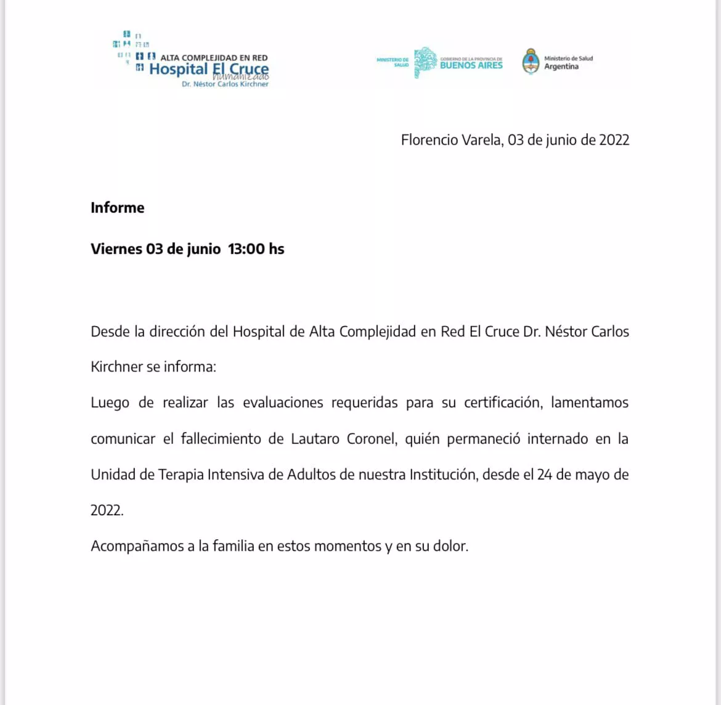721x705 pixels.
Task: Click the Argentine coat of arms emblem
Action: click(x=531, y=61)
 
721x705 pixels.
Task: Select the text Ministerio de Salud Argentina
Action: click(x=568, y=62)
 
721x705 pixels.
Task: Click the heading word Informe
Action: click(x=118, y=208)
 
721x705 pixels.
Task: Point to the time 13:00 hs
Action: click(x=256, y=249)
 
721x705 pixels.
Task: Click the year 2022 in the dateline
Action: click(x=614, y=140)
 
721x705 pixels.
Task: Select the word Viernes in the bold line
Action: click(x=116, y=249)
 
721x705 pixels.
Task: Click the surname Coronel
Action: click(x=371, y=439)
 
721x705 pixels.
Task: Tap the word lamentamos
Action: click(x=590, y=403)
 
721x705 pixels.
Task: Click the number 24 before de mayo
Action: click(x=545, y=475)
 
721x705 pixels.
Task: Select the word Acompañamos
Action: click(x=137, y=547)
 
